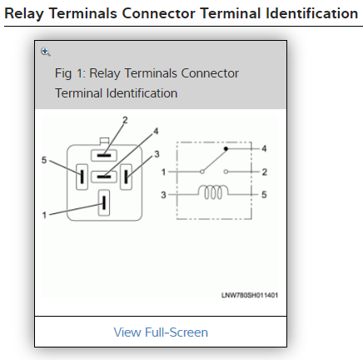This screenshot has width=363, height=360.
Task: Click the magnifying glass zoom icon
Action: tap(46, 52)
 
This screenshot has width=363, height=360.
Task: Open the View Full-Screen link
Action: tap(161, 332)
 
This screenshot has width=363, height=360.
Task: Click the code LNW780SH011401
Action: tap(250, 295)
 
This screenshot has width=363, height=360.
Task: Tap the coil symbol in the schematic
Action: tap(213, 192)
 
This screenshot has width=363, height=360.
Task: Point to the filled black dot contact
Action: tap(226, 149)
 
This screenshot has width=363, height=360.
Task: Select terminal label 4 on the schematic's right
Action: tap(264, 148)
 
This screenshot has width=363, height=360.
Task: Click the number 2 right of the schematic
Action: tap(265, 172)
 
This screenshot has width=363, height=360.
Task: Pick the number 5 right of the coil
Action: tap(264, 194)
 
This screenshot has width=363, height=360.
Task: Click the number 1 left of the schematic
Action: tap(164, 172)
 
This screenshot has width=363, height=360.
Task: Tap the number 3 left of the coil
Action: tap(163, 195)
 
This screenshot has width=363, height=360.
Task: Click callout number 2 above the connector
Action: tap(125, 120)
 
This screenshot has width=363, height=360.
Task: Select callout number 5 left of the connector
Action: tap(44, 160)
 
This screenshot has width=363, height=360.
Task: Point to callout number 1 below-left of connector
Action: tap(44, 215)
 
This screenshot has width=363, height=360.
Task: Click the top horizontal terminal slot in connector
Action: tap(104, 155)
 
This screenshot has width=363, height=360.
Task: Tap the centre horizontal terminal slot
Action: tap(104, 177)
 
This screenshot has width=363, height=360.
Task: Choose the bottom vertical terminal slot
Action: tap(104, 202)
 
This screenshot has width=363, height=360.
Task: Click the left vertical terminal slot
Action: tap(82, 177)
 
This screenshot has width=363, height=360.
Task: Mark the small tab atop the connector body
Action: tap(104, 141)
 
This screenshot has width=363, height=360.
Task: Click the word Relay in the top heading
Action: tap(24, 13)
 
